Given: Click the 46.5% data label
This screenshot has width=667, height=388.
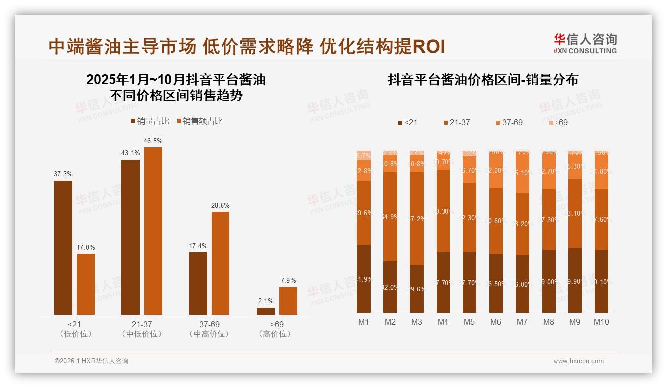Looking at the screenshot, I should click(153, 141).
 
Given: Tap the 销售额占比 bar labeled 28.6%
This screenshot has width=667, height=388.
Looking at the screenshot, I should click(221, 263).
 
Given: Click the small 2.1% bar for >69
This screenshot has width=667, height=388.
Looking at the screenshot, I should click(266, 311).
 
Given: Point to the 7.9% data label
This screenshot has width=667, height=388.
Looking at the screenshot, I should click(288, 280).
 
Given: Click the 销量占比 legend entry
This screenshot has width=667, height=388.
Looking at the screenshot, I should click(150, 121).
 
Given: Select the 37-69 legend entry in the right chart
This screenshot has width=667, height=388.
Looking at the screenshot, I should click(509, 122).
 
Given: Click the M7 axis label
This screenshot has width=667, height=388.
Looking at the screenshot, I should click(522, 322).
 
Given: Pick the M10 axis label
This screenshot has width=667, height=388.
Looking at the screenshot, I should click(601, 322).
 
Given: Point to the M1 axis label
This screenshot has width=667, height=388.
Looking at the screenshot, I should click(364, 322).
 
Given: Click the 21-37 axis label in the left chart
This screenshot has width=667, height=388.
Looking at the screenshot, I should click(142, 324).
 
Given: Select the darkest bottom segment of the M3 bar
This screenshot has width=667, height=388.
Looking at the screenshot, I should click(417, 289).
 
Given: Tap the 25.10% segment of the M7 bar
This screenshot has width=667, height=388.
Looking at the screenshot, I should click(522, 173).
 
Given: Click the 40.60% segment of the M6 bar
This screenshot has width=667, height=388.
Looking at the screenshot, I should click(495, 221).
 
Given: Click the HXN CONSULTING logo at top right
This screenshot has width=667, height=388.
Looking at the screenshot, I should click(585, 44).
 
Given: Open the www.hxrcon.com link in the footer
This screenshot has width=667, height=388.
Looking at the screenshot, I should click(578, 361).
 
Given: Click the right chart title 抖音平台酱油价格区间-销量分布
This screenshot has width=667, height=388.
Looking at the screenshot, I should click(483, 80).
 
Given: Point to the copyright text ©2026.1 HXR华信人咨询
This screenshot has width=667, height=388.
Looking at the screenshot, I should click(91, 361).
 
